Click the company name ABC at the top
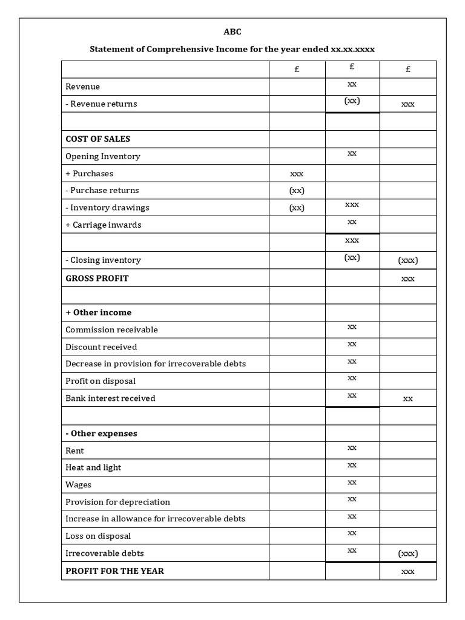tap(232, 32)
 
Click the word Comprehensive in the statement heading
tap(180, 49)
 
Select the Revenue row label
tap(83, 87)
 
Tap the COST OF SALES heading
tap(97, 139)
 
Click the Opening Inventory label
tap(103, 156)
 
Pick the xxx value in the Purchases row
tap(297, 174)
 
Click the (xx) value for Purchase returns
tap(297, 190)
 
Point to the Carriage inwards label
tap(104, 225)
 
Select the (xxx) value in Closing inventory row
tap(408, 260)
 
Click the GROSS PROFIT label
tap(97, 278)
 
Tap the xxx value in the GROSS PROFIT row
tap(408, 279)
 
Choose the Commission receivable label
tap(111, 330)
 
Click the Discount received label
tap(101, 347)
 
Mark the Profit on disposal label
tap(101, 381)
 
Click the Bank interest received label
tap(110, 398)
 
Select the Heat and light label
tap(93, 467)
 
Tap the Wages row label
tap(79, 484)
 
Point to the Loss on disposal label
tap(98, 536)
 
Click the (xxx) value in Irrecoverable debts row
tap(408, 553)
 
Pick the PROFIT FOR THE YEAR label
tap(114, 571)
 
